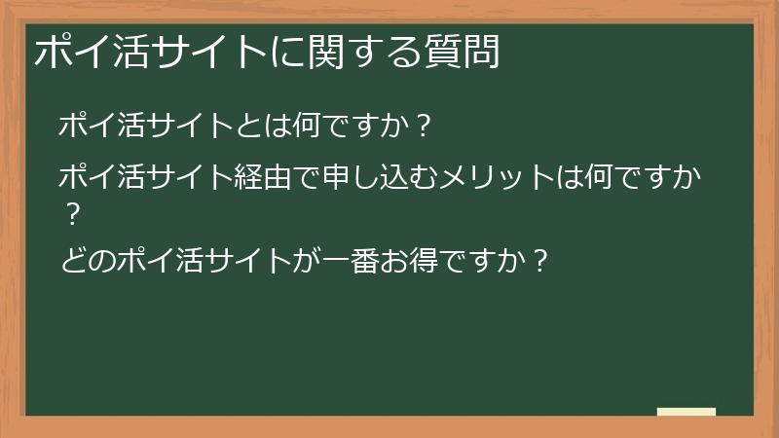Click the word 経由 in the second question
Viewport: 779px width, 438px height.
[263, 179]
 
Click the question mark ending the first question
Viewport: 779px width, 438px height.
[422, 127]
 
